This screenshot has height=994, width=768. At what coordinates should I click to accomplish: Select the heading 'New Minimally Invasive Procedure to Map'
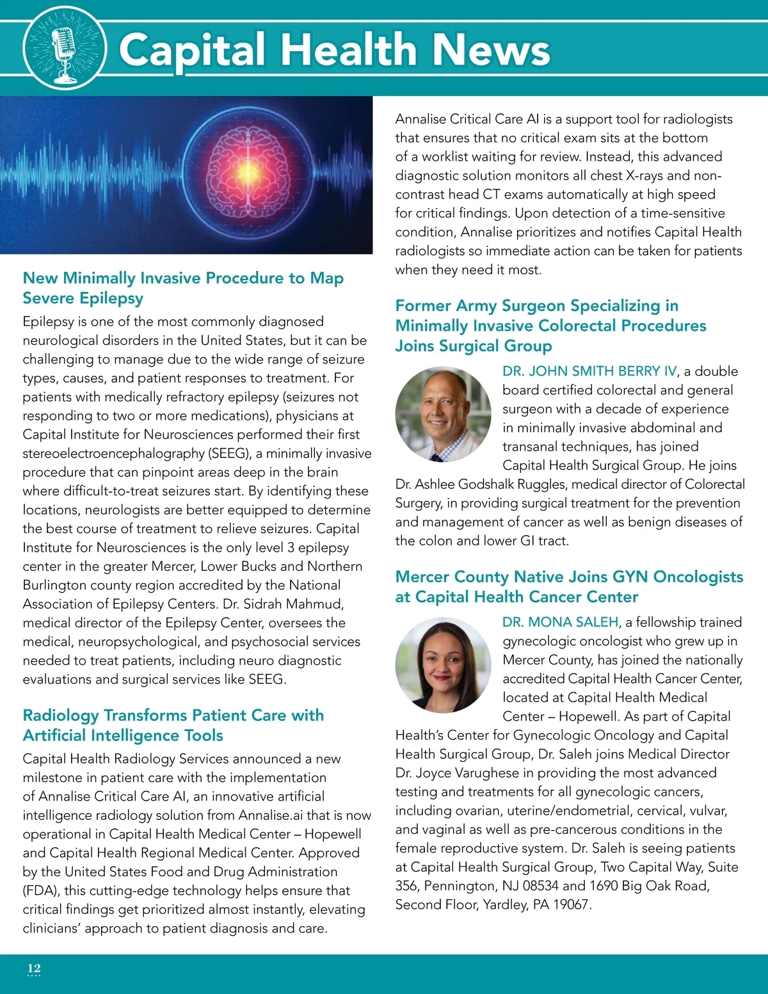coord(183,278)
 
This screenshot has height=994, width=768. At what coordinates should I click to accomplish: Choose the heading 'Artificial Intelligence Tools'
coord(123,735)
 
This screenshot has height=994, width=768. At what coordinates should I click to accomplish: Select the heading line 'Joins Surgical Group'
coord(474,346)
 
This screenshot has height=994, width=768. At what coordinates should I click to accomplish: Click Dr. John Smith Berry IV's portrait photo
coord(443,414)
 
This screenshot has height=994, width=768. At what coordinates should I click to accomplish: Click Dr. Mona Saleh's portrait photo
coord(443,666)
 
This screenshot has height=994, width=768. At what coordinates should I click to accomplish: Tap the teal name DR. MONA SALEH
coord(561,622)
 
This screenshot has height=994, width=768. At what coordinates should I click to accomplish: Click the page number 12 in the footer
coord(34,968)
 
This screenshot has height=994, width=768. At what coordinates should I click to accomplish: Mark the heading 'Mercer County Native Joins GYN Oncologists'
coord(569,577)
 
